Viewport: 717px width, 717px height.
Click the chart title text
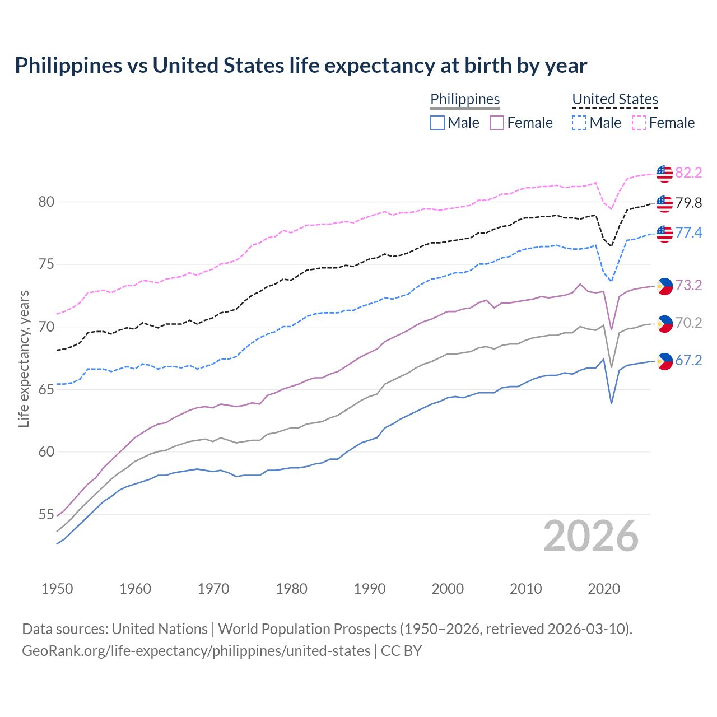[x=301, y=66]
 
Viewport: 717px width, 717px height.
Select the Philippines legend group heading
[x=465, y=99]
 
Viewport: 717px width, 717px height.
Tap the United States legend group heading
[x=614, y=99]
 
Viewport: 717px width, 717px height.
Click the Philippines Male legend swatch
[x=437, y=123]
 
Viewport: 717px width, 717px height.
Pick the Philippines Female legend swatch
[x=497, y=123]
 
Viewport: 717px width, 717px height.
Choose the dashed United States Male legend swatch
[x=579, y=123]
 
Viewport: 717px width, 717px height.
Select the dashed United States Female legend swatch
[x=639, y=123]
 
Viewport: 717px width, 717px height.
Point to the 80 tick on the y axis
[x=46, y=202]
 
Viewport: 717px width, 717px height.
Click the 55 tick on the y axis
[x=46, y=514]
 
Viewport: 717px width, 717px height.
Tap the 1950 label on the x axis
[x=57, y=589]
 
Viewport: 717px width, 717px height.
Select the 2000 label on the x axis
[x=448, y=589]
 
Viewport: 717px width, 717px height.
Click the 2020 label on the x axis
[x=604, y=589]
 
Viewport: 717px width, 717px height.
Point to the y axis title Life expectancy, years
[x=24, y=358]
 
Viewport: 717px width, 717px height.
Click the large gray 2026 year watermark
[x=591, y=536]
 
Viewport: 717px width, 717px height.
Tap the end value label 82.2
[x=688, y=173]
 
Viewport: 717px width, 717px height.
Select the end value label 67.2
[x=688, y=361]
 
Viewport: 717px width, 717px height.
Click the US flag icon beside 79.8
[x=664, y=203]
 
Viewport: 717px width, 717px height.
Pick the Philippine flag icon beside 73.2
[x=664, y=286]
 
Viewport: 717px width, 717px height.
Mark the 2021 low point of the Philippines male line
[x=611, y=403]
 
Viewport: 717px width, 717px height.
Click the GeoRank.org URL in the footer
[x=196, y=651]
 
